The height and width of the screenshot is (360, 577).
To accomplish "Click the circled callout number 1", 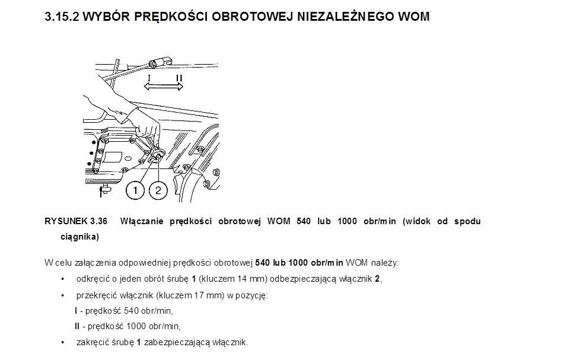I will point(136,190).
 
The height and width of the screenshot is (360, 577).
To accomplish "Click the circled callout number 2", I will point(158,190).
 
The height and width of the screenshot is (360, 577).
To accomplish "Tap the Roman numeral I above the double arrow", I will point(149,78).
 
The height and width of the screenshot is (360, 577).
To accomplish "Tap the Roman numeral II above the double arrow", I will point(178,78).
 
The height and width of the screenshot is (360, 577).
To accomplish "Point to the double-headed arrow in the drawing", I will point(164,87).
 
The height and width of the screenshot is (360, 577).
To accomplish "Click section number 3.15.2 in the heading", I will point(62,17).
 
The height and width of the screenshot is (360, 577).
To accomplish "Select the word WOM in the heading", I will point(413,17).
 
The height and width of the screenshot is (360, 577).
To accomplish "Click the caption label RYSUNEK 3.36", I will point(76,221).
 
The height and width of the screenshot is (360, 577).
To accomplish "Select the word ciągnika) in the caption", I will point(79,237).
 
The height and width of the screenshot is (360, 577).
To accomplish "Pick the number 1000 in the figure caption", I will point(348,221).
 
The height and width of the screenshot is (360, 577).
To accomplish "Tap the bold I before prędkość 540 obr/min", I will point(76,310).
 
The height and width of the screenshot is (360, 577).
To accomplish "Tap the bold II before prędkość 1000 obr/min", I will point(77,326).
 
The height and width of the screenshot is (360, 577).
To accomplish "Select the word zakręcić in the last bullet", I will point(91,342).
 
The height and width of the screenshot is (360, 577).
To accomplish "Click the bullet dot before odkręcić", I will point(63,279).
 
